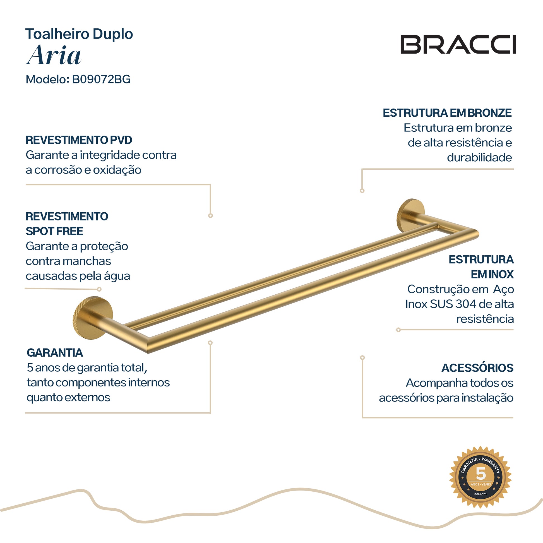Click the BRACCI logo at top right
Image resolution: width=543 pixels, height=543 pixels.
point(458,44)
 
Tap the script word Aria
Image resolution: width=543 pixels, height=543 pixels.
point(53,55)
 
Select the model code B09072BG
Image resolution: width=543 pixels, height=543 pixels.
point(102,79)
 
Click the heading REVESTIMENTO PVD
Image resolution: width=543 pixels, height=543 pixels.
point(79,140)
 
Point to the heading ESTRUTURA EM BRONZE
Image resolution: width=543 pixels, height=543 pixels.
point(447,113)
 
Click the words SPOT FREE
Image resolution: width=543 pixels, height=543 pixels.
point(54,231)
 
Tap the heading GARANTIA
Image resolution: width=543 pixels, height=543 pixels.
point(55,352)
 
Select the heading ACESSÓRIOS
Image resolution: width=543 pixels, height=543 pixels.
point(477,367)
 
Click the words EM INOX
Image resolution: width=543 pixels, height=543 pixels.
point(492,274)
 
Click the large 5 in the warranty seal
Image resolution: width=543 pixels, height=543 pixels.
point(480,474)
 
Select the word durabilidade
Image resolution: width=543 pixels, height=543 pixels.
point(479,157)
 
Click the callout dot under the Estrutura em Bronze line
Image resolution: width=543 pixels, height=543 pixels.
point(362,191)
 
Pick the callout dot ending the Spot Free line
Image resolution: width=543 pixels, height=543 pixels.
point(99,289)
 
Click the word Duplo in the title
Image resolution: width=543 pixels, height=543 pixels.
point(113,34)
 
